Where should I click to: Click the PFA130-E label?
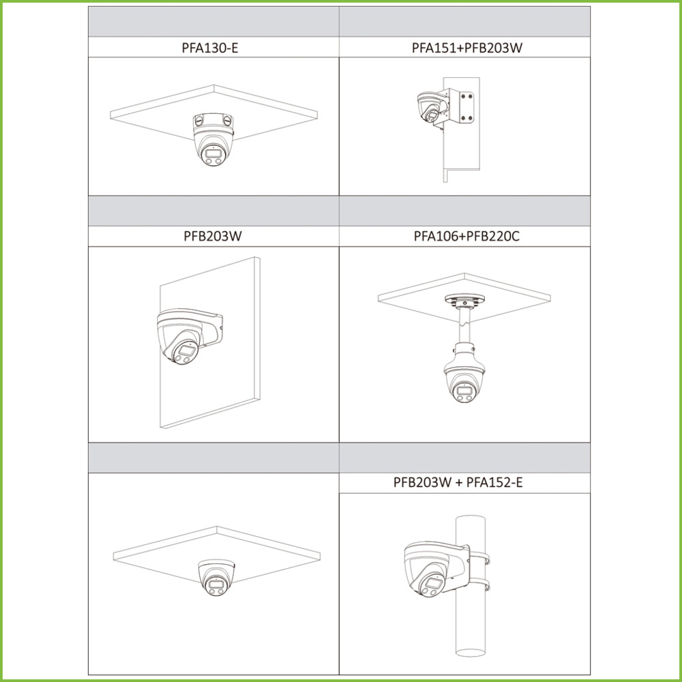click(x=210, y=48)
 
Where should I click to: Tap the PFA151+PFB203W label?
click(x=466, y=48)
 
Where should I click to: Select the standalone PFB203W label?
click(x=213, y=236)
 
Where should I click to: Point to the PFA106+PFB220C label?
click(x=466, y=236)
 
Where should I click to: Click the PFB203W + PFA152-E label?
click(x=458, y=482)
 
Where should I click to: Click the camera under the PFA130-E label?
click(x=213, y=147)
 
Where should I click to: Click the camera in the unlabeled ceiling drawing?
click(x=217, y=577)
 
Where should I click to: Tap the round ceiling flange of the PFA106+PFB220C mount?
click(x=464, y=299)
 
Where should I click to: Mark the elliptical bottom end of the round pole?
click(x=470, y=653)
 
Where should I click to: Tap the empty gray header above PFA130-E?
click(x=213, y=22)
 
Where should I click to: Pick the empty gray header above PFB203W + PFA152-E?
click(x=464, y=458)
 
